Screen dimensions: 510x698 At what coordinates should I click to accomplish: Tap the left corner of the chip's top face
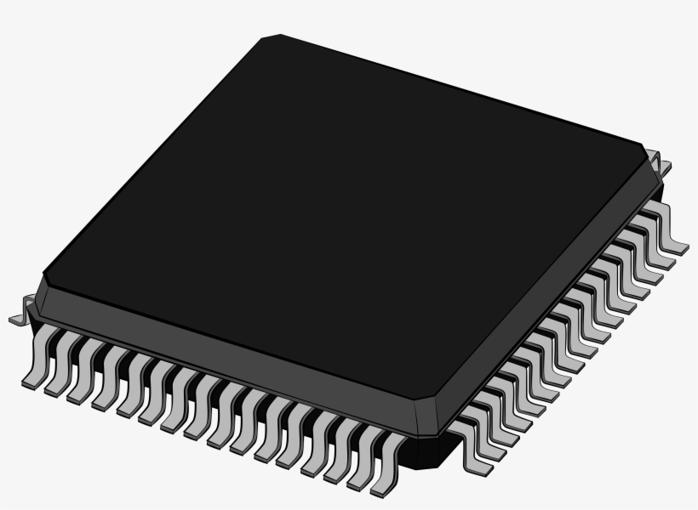pos(44,277)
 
